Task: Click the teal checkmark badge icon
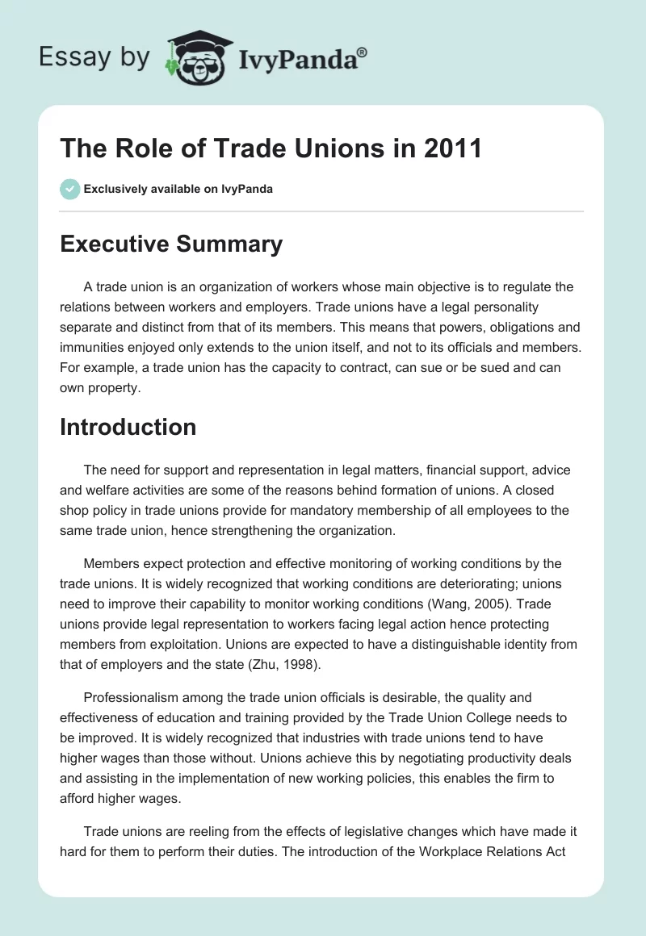(x=69, y=189)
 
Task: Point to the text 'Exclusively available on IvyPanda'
(x=178, y=189)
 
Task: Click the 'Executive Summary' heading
(x=171, y=244)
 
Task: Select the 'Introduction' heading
(x=128, y=427)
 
